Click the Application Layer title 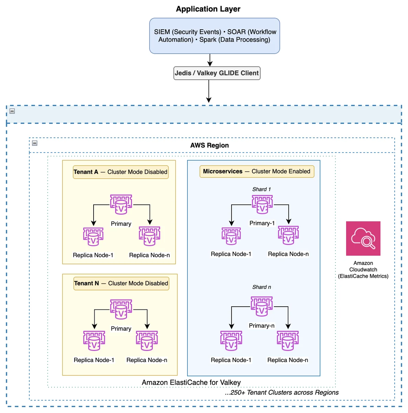[208, 9]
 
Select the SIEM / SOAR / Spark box [215, 36]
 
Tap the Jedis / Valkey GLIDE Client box [217, 73]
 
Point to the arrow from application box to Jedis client [210, 60]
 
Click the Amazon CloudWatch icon [363, 238]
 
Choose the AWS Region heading [210, 145]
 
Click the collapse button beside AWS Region [35, 143]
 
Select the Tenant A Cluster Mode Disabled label [121, 172]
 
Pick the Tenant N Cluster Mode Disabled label [121, 283]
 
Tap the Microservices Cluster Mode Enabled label [257, 171]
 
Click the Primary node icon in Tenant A [121, 204]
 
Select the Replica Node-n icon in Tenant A [149, 236]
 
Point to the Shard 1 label [261, 189]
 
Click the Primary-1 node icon [262, 204]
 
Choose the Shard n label [261, 287]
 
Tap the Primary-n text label [261, 326]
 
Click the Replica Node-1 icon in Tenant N [94, 341]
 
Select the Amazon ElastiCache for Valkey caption [191, 382]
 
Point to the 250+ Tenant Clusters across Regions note [281, 392]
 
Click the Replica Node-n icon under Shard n [288, 341]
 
